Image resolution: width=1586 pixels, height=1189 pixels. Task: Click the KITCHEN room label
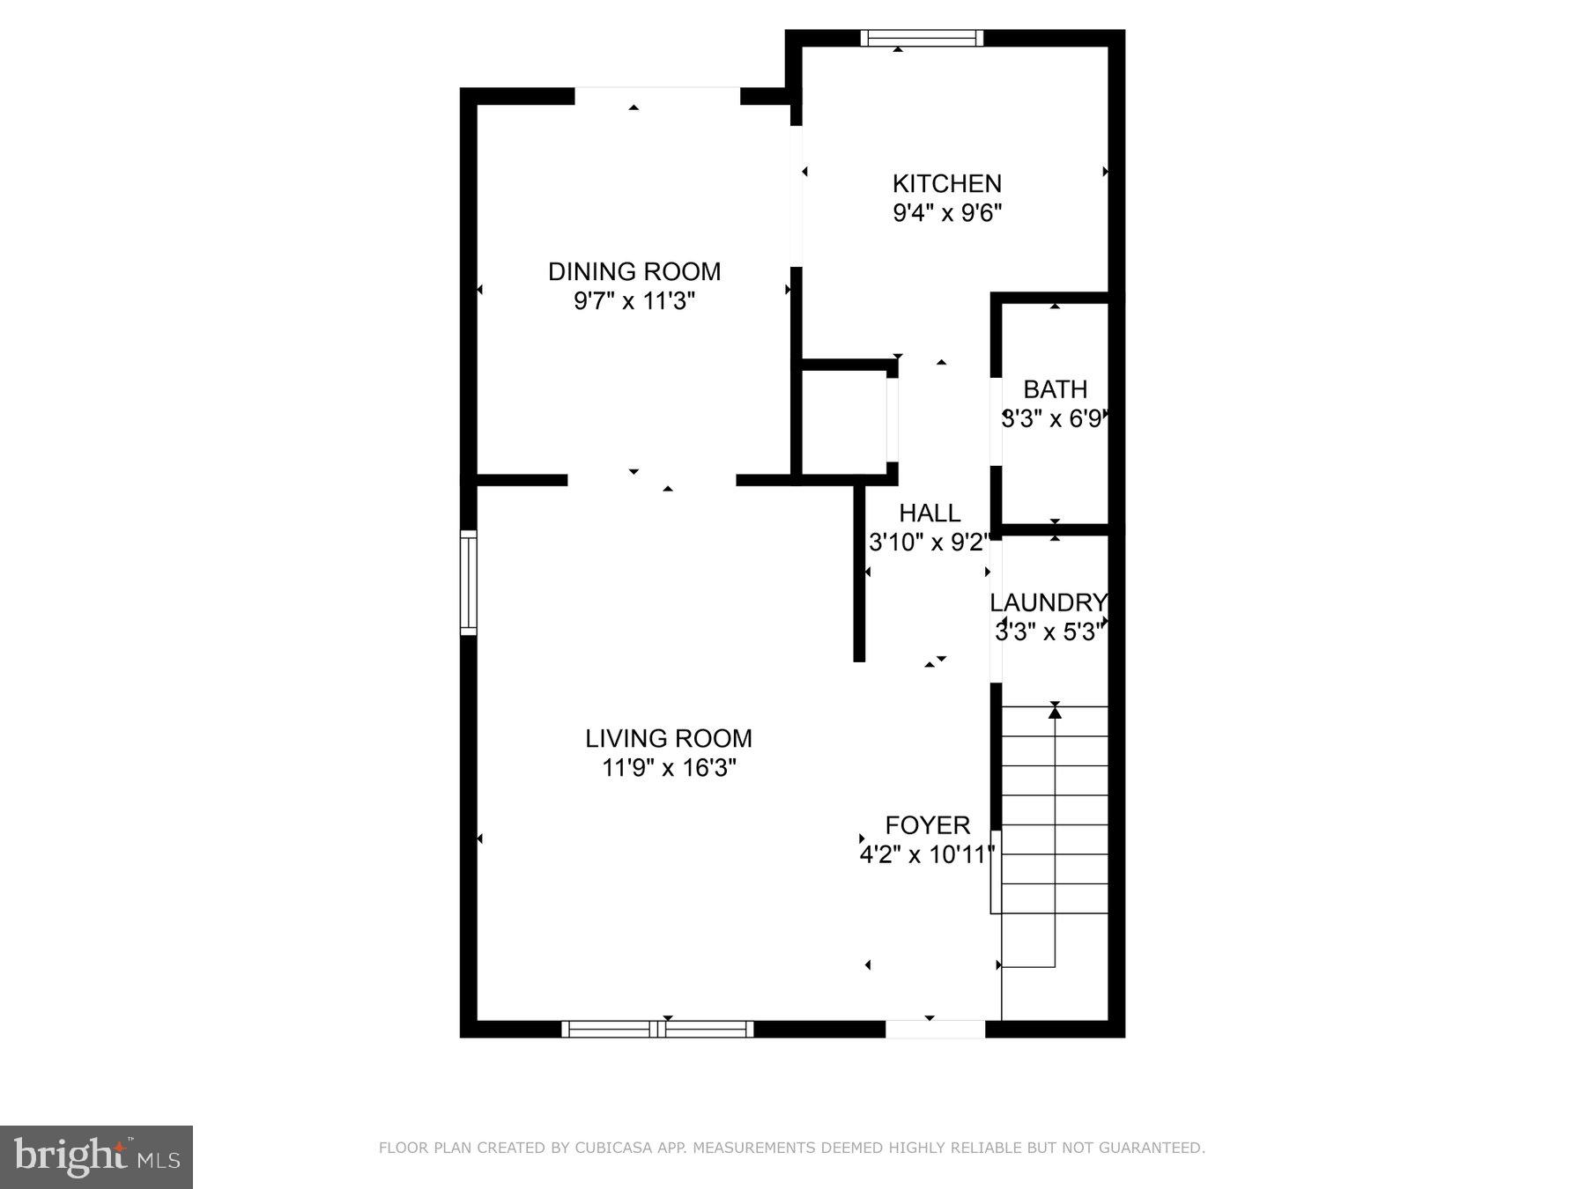click(x=946, y=183)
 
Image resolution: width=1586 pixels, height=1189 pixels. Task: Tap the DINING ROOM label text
click(x=634, y=271)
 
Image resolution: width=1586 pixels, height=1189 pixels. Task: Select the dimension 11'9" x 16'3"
click(x=669, y=768)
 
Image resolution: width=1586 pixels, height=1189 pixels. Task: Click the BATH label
click(x=1055, y=389)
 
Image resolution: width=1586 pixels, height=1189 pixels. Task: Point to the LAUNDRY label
click(x=1048, y=602)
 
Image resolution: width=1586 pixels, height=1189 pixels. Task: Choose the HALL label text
click(x=930, y=513)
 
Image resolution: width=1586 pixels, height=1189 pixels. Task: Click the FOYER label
click(x=927, y=825)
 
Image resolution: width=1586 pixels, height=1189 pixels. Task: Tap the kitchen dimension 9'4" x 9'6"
click(x=947, y=213)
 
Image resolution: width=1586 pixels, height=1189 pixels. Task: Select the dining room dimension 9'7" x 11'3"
click(x=634, y=301)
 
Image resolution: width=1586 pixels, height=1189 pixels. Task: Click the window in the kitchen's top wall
click(x=922, y=38)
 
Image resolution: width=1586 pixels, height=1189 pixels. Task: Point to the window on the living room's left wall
click(x=469, y=582)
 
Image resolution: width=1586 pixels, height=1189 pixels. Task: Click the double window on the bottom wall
click(x=657, y=1029)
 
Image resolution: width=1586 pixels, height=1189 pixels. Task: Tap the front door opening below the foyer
click(x=935, y=1029)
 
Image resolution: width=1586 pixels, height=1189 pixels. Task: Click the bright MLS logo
click(x=96, y=1156)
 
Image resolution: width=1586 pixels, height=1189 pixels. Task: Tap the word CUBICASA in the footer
click(x=608, y=1148)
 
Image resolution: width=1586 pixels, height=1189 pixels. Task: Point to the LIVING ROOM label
click(x=669, y=738)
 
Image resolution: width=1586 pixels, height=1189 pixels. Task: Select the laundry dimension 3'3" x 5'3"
click(x=1049, y=632)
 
